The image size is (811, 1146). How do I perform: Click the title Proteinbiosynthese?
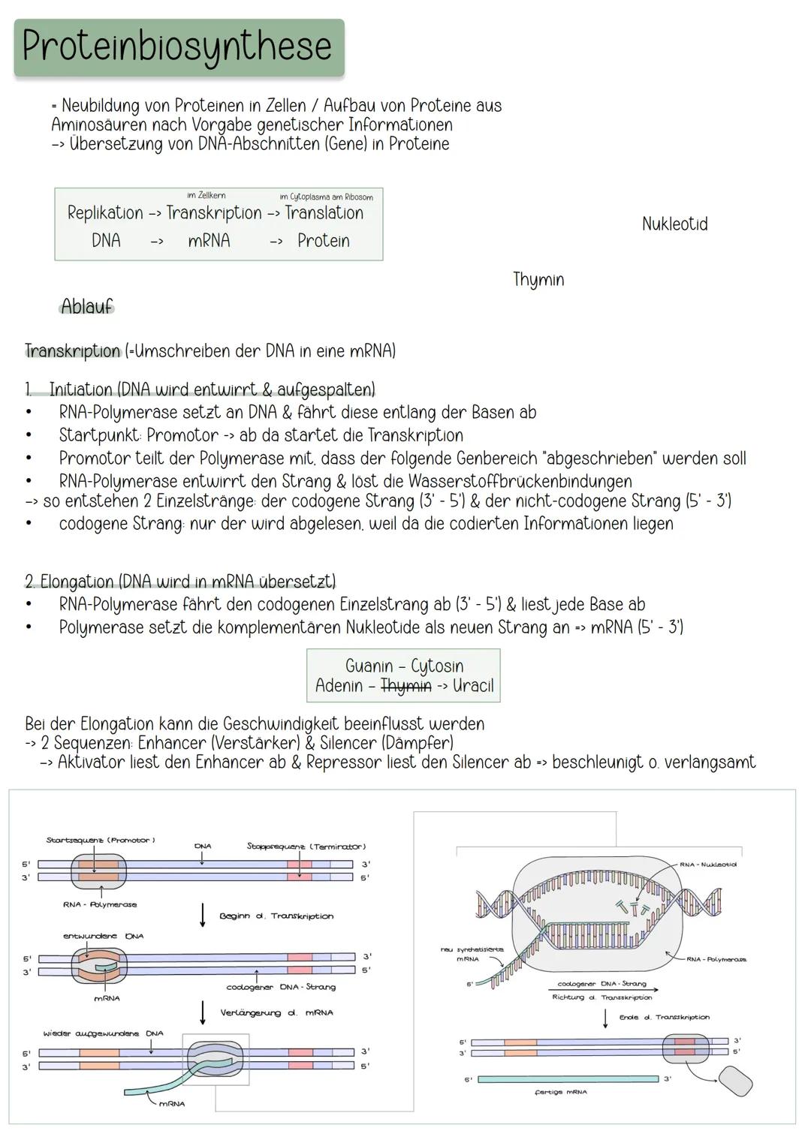[x=178, y=47]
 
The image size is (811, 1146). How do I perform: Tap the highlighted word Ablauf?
[x=87, y=306]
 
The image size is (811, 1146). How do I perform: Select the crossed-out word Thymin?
[x=405, y=685]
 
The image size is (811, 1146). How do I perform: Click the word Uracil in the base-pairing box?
[x=473, y=685]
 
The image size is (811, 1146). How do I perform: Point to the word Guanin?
[x=369, y=666]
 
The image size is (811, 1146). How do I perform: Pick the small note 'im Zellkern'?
[x=206, y=196]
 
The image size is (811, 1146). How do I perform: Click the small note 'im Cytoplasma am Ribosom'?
[x=326, y=197]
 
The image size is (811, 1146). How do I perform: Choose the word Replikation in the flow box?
[x=104, y=213]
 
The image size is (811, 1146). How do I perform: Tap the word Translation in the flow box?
[x=324, y=213]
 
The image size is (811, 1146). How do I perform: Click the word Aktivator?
[x=92, y=762]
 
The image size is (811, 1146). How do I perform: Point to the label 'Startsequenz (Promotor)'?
[x=101, y=841]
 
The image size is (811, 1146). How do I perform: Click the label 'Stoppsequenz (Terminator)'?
[x=306, y=847]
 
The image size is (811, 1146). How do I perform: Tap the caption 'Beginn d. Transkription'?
[x=276, y=916]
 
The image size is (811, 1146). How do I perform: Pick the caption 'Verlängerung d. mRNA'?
[x=276, y=1013]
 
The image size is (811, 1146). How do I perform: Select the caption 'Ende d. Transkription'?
[x=664, y=1018]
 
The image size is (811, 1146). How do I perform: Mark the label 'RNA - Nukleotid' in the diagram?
[x=708, y=865]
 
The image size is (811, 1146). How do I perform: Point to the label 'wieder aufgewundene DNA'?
[x=103, y=1033]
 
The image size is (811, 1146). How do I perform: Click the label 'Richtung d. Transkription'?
[x=601, y=997]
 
